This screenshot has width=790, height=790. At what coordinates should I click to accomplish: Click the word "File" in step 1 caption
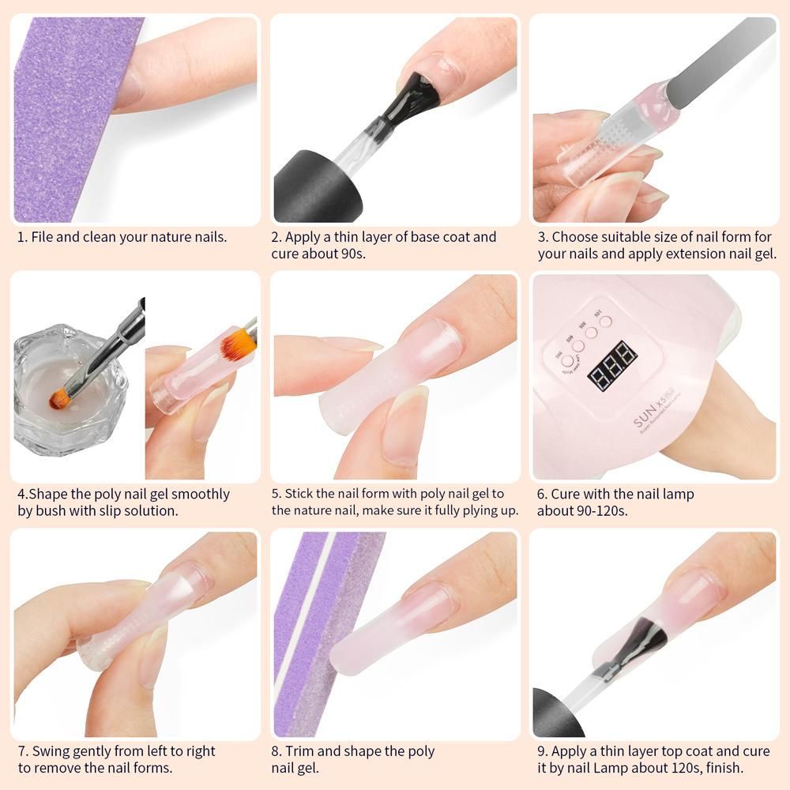coord(42,237)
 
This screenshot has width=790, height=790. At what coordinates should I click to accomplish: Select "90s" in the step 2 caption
coord(352,254)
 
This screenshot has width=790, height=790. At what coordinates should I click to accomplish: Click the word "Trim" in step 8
coord(299,751)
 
